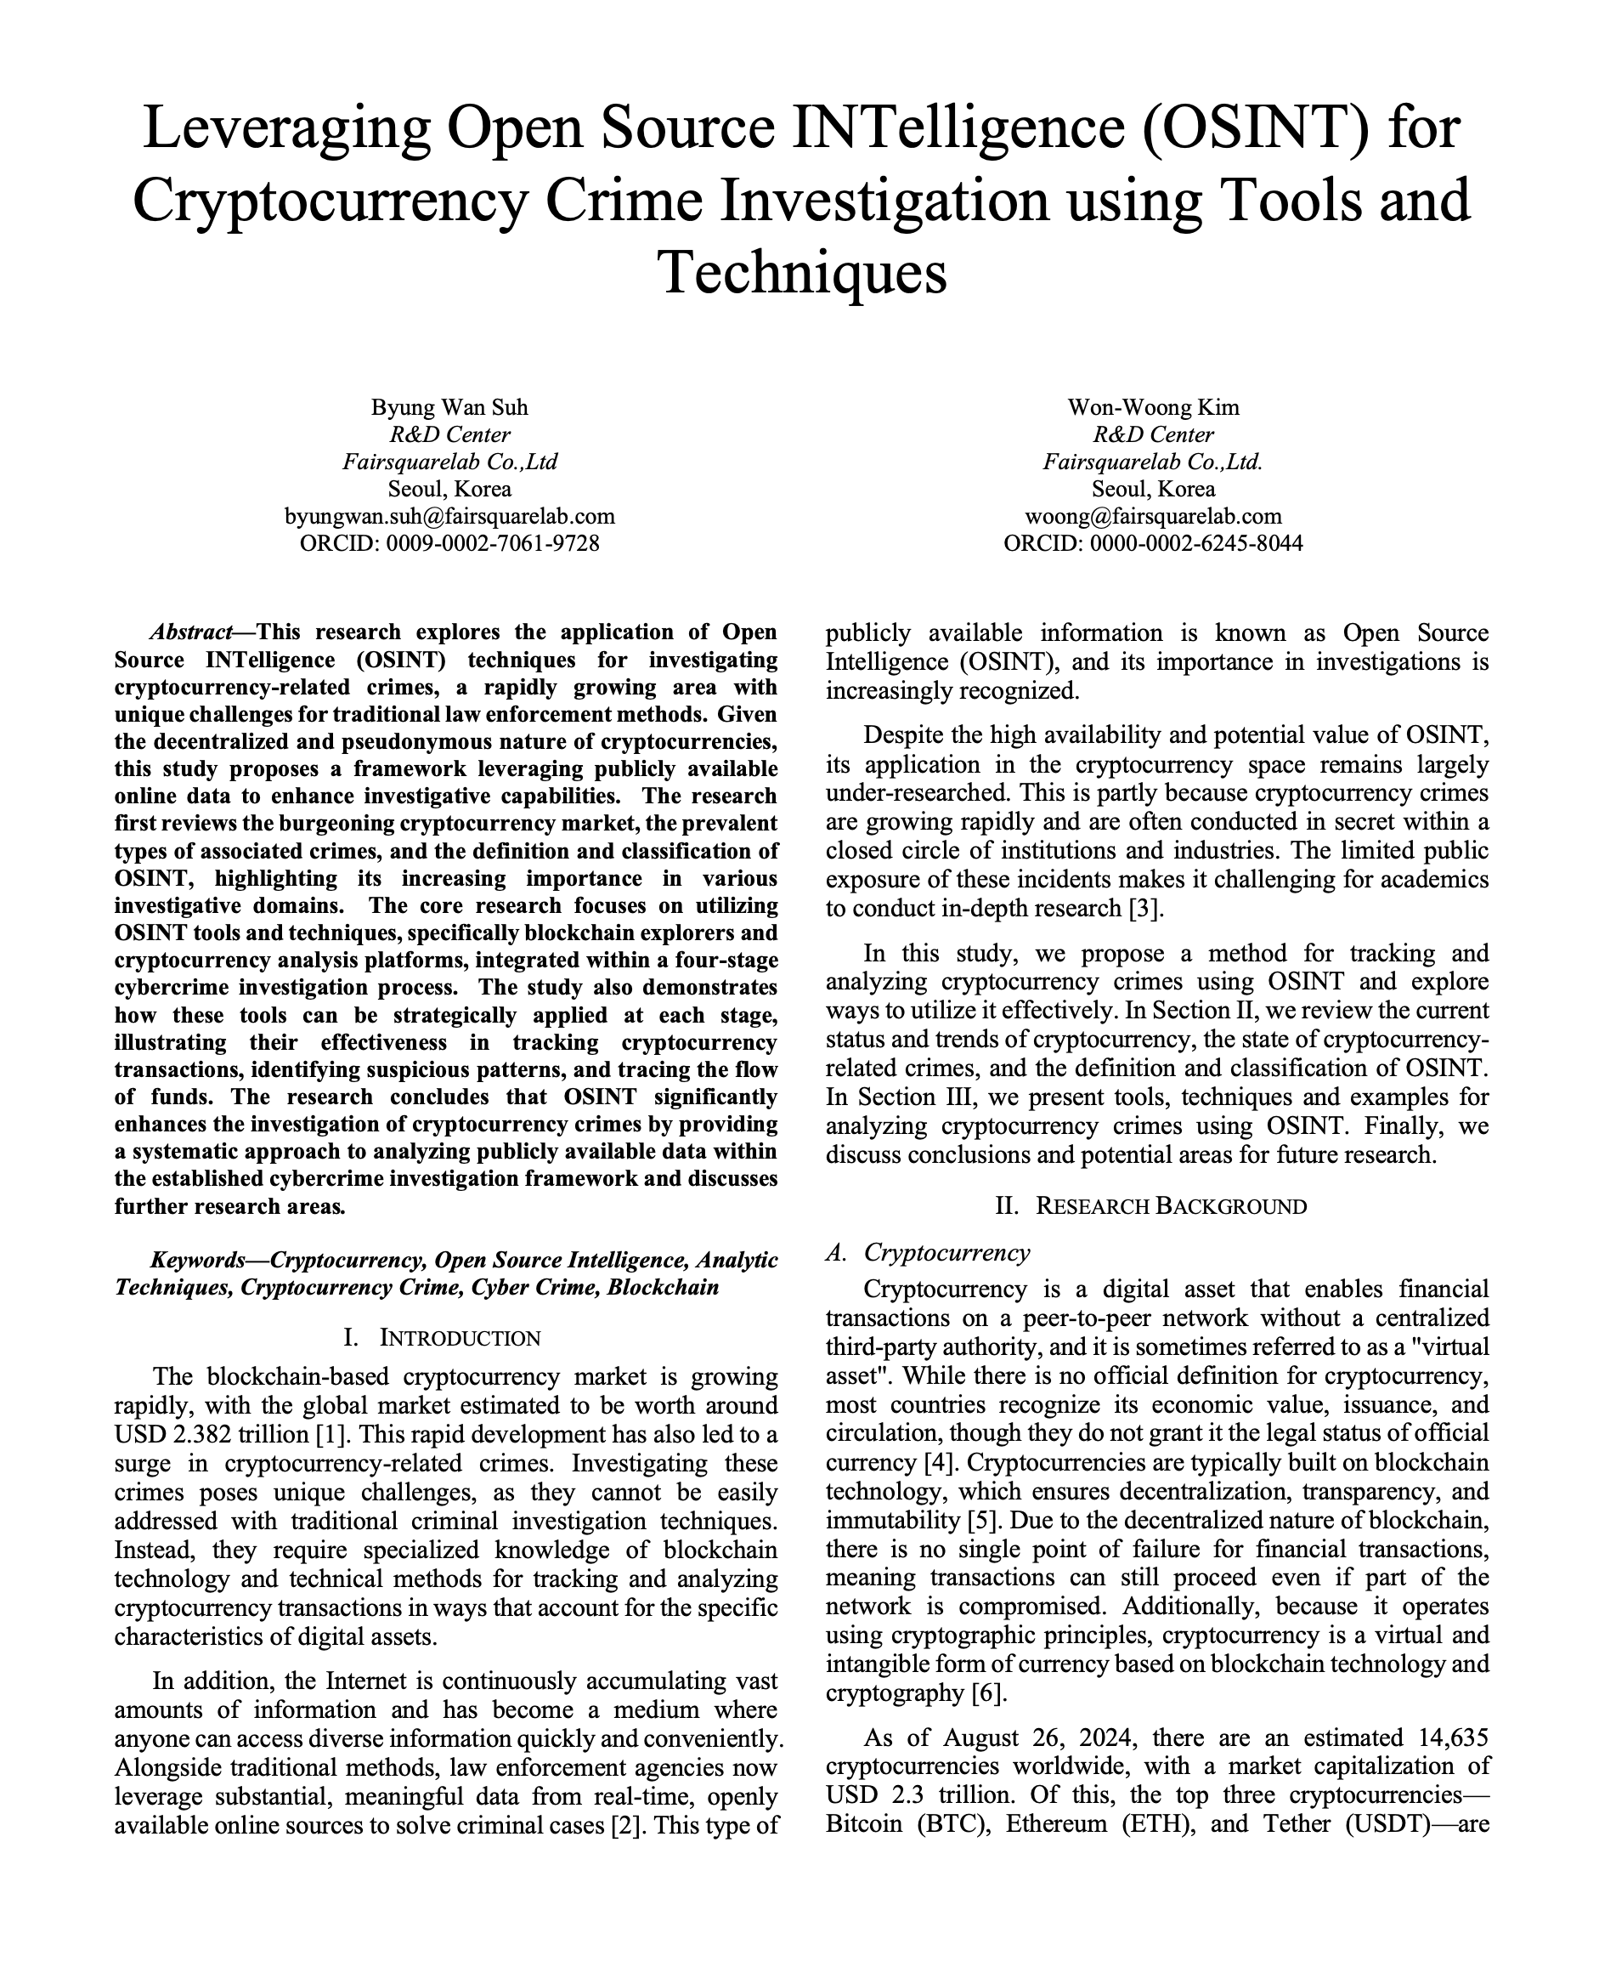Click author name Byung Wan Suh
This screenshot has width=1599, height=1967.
tap(449, 407)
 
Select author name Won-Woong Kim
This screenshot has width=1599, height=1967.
tap(1153, 407)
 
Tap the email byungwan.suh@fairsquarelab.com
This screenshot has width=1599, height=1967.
tap(449, 516)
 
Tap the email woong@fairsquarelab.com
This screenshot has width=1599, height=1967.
tap(1153, 516)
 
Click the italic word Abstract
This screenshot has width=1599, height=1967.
tap(190, 633)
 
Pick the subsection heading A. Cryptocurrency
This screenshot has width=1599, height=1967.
tap(929, 1253)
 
